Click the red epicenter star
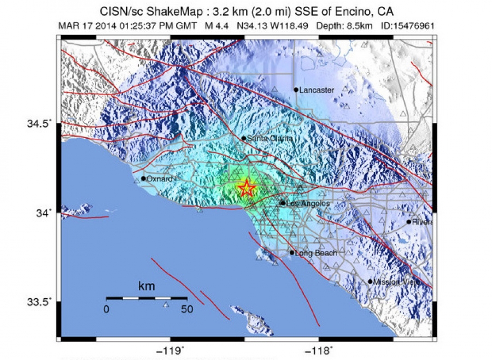coord(247,188)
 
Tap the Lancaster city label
coord(317,90)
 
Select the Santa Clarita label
coord(270,139)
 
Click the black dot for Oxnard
coord(143,178)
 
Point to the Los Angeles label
coord(308,204)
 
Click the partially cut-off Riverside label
coord(422,222)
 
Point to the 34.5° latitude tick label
coord(40,123)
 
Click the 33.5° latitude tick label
coord(40,302)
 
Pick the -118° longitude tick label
coord(323,350)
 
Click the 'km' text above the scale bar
coord(146,286)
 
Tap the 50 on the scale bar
coord(187,309)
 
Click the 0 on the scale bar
coord(107,309)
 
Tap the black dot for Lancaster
coord(296,90)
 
